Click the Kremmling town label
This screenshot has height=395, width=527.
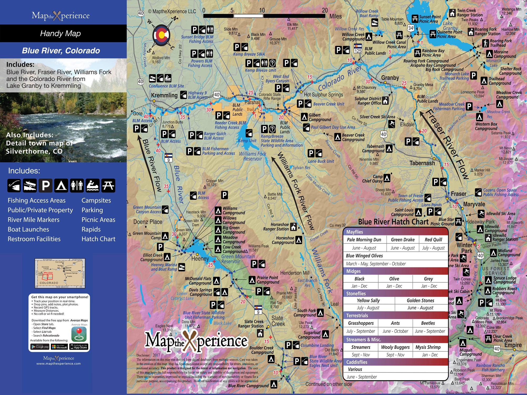click(164, 95)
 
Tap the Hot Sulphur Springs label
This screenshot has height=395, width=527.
click(323, 95)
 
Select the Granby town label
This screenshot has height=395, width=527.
click(390, 78)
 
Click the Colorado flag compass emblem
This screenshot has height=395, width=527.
click(161, 35)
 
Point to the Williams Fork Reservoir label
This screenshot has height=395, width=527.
click(252, 156)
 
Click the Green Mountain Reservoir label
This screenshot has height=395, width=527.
click(238, 259)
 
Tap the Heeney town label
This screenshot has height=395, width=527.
click(200, 259)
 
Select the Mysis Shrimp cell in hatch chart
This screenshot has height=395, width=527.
click(428, 347)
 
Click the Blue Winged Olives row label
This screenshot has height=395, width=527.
click(364, 256)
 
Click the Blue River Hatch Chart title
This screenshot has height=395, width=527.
click(393, 222)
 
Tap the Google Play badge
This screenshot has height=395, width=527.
click(40, 347)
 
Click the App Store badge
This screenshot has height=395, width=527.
click(78, 347)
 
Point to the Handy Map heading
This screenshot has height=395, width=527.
click(60, 33)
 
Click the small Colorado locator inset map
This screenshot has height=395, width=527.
click(60, 273)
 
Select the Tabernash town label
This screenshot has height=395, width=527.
click(422, 163)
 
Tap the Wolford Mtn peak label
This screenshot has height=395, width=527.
click(161, 60)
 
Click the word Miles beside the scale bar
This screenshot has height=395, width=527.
click(335, 16)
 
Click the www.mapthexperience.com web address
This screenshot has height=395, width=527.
click(58, 364)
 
